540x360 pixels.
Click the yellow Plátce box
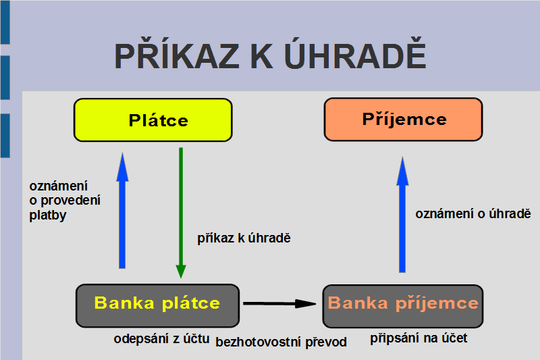tap(153, 120)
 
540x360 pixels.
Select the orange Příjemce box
tap(403, 119)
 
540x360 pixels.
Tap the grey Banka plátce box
tap(157, 305)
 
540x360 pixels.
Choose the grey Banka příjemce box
tap(403, 306)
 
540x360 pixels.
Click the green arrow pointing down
tap(181, 213)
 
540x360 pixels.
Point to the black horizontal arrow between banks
tap(279, 303)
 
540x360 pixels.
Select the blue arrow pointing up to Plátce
tap(122, 211)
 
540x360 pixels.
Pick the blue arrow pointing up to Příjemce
tap(402, 214)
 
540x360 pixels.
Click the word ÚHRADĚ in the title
tap(356, 56)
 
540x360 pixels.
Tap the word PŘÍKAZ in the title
tap(177, 55)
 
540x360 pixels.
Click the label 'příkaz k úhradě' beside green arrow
tap(244, 238)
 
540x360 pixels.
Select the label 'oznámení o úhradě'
tap(473, 213)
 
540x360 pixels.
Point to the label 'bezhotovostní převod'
tap(281, 342)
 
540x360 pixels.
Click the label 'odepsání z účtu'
tap(161, 339)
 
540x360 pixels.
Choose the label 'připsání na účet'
tap(418, 338)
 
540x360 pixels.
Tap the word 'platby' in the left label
tap(48, 215)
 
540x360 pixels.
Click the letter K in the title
tap(262, 56)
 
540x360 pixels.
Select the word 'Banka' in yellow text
tap(124, 303)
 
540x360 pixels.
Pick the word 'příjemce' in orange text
tap(437, 303)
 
